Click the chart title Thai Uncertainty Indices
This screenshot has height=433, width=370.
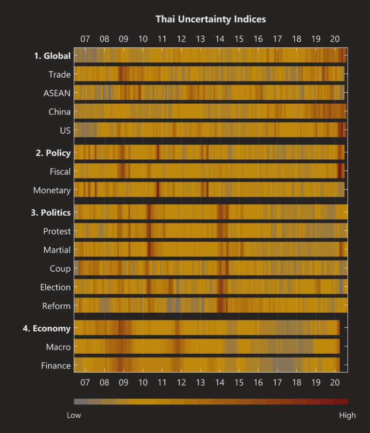pyautogui.click(x=211, y=19)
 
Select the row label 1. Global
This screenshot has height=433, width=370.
pyautogui.click(x=52, y=56)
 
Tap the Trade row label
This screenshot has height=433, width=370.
pyautogui.click(x=59, y=74)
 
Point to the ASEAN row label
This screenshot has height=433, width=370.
pyautogui.click(x=57, y=93)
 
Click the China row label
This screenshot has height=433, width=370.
pyautogui.click(x=59, y=112)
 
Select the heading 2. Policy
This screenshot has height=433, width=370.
pyautogui.click(x=53, y=153)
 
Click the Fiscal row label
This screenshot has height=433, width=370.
pyautogui.click(x=60, y=171)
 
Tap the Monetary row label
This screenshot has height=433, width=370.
pyautogui.click(x=52, y=190)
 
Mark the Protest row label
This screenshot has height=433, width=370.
pyautogui.click(x=57, y=231)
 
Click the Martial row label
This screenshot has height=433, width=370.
pyautogui.click(x=57, y=250)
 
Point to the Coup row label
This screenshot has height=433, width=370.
pyautogui.click(x=60, y=268)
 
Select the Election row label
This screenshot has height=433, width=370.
pyautogui.click(x=55, y=287)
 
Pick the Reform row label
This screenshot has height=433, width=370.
pyautogui.click(x=56, y=306)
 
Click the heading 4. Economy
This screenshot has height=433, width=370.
pyautogui.click(x=47, y=329)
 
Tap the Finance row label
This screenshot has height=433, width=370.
pyautogui.click(x=55, y=366)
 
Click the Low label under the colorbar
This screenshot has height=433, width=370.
pyautogui.click(x=74, y=415)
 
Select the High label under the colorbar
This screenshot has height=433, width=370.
pyautogui.click(x=347, y=415)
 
